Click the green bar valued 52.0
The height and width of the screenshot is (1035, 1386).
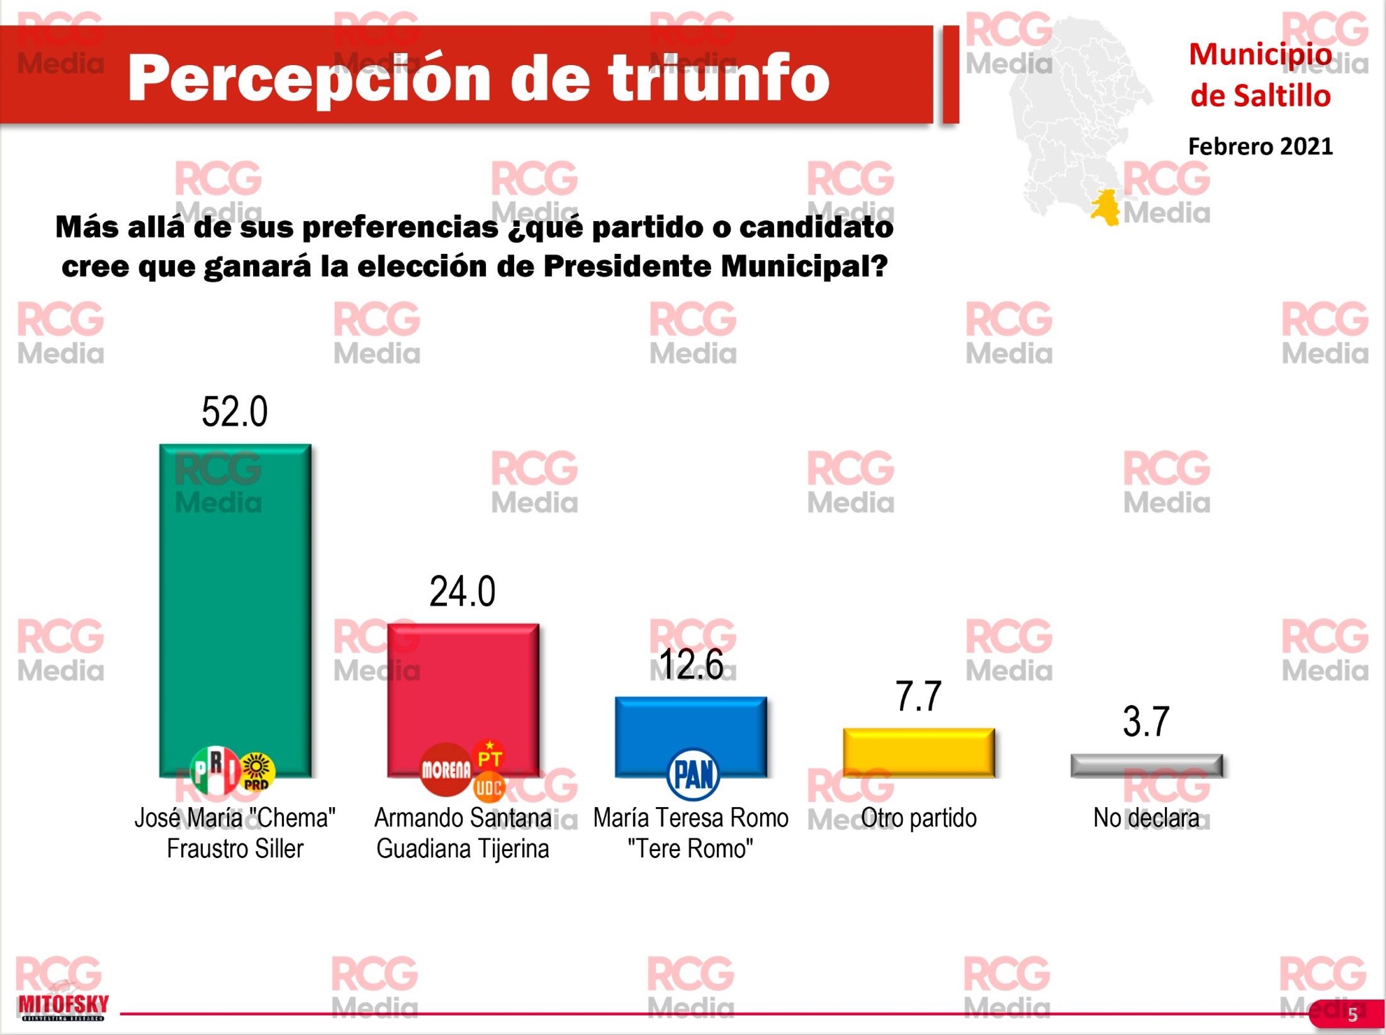coord(235,610)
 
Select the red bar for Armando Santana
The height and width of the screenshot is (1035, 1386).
coord(463,699)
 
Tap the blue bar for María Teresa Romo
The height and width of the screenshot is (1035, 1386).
coord(691,736)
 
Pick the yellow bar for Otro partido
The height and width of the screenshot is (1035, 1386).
coord(919,752)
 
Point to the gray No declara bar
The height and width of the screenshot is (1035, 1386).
coord(1147,765)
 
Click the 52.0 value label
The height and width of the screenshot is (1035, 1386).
coord(235,411)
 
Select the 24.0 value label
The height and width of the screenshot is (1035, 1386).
coord(463,592)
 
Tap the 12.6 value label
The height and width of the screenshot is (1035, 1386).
coord(691,664)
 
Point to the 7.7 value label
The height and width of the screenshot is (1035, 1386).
coord(919,697)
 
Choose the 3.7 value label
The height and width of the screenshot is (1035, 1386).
coord(1146,722)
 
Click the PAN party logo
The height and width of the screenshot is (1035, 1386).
coord(693,774)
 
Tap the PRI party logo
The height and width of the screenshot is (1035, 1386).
coord(215,770)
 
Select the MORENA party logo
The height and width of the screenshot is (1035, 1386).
coord(445,770)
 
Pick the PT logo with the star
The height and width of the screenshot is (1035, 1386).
coord(490,756)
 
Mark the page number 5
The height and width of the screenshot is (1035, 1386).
coord(1352,1015)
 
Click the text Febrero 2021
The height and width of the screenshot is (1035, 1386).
coord(1260,146)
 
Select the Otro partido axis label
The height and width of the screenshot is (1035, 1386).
coord(919,818)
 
